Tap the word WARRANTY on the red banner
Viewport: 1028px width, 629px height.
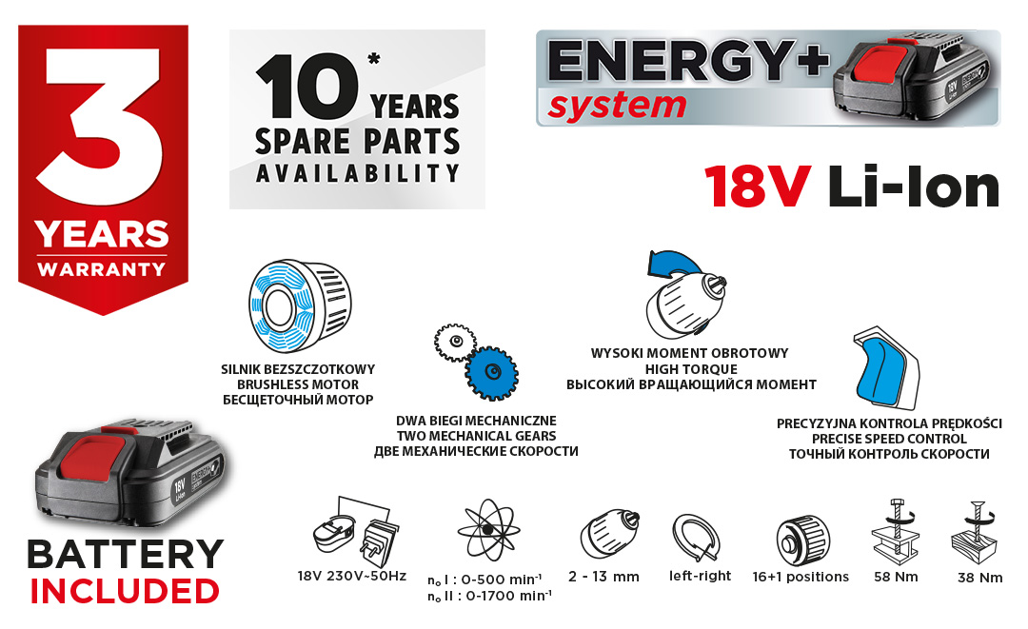pyautogui.click(x=102, y=269)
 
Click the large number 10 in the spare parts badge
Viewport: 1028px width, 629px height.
pyautogui.click(x=306, y=88)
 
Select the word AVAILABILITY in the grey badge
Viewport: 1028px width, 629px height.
pyautogui.click(x=357, y=173)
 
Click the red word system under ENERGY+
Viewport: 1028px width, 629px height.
pyautogui.click(x=617, y=107)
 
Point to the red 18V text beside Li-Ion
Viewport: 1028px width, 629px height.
pyautogui.click(x=758, y=187)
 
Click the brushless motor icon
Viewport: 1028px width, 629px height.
pyautogui.click(x=300, y=305)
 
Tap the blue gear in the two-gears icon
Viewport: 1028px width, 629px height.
pyautogui.click(x=492, y=373)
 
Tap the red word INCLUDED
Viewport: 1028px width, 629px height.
pyautogui.click(x=125, y=591)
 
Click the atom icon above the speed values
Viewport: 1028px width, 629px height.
pyautogui.click(x=487, y=531)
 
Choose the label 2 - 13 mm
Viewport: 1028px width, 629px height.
pyautogui.click(x=603, y=577)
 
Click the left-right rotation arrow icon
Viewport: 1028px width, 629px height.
pyautogui.click(x=697, y=539)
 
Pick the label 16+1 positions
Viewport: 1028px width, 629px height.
pyautogui.click(x=801, y=577)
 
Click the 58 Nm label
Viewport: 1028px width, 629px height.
pyautogui.click(x=897, y=578)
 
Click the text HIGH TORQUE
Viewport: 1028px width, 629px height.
pyautogui.click(x=691, y=369)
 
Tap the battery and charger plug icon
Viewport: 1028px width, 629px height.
pyautogui.click(x=354, y=532)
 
